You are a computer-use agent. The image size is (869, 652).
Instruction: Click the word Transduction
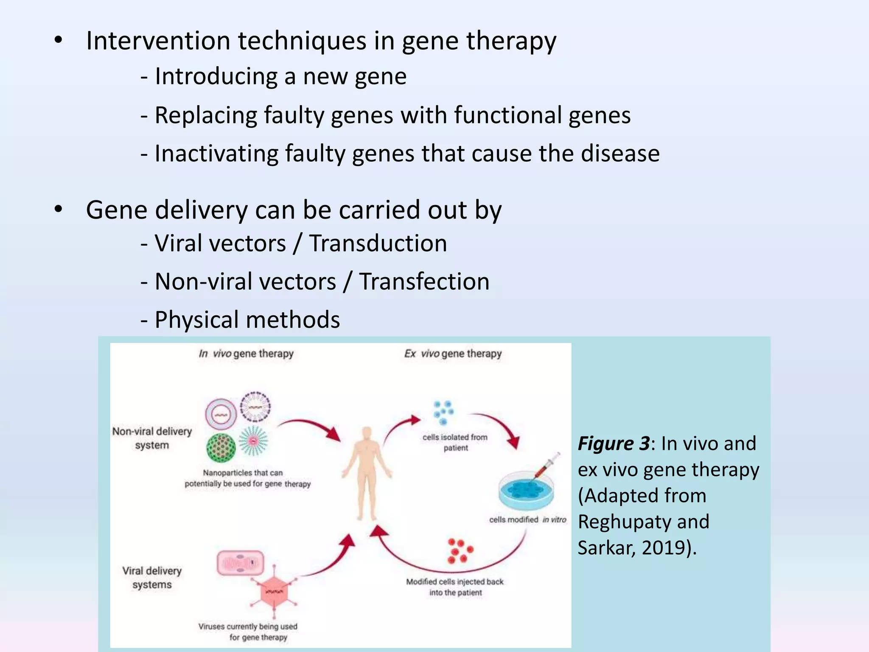(378, 244)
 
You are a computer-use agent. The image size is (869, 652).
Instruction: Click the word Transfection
(424, 282)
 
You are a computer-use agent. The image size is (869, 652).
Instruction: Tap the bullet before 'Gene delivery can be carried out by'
(59, 209)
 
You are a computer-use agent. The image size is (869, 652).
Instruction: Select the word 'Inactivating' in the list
(216, 153)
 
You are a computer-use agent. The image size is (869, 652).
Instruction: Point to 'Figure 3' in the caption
(613, 444)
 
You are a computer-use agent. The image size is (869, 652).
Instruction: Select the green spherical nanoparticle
(221, 447)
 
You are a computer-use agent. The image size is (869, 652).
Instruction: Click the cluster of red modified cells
(460, 551)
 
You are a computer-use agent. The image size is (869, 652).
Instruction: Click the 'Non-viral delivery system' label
(152, 438)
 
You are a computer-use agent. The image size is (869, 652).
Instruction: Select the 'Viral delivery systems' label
(152, 577)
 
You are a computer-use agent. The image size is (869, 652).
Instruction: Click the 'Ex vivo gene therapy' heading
(453, 354)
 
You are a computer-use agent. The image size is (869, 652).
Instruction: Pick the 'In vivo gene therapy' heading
(246, 354)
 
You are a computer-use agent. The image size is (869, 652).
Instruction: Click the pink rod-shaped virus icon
(240, 563)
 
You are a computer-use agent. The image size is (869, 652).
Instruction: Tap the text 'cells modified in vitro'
(527, 520)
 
